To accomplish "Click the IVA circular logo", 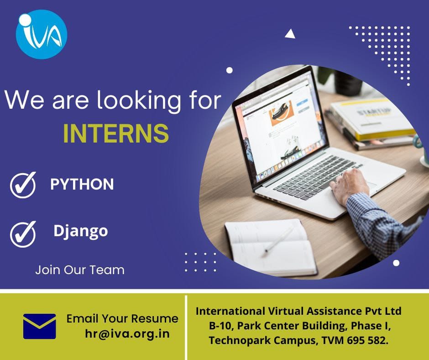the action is (x=42, y=34).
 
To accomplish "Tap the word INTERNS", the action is (x=116, y=133).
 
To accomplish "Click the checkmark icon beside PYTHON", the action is (x=23, y=185).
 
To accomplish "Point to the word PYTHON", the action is (x=82, y=184).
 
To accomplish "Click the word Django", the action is (x=81, y=232).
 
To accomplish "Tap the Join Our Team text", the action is (x=80, y=270).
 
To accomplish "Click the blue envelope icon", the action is (x=39, y=326).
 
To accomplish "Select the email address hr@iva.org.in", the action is (x=127, y=334).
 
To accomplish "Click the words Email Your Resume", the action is (x=122, y=318).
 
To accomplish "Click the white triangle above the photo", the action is (x=290, y=33).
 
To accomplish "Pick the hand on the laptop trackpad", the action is (x=350, y=185).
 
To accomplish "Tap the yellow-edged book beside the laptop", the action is (x=372, y=120).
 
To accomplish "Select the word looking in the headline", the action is (x=139, y=101).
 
